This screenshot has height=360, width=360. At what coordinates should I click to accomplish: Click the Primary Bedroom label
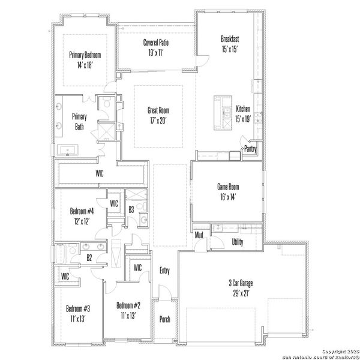point(85,59)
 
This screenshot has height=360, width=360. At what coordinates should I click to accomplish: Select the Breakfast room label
point(229,44)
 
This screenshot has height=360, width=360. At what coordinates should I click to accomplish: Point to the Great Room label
point(158,115)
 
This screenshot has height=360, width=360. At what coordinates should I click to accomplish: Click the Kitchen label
point(243,113)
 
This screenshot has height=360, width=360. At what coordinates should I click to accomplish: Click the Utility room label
point(238,241)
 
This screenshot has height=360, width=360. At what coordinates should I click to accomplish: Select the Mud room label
point(199,235)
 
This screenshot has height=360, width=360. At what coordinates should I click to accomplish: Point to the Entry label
point(164,271)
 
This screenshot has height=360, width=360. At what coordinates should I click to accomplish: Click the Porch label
point(164,319)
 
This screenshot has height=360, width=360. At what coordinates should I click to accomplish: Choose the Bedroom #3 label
point(78,313)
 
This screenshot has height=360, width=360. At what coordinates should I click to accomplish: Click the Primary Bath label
point(79,121)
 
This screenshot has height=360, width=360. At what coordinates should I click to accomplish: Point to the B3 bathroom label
point(131,209)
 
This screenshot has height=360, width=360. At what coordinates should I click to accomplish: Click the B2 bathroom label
point(89,257)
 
